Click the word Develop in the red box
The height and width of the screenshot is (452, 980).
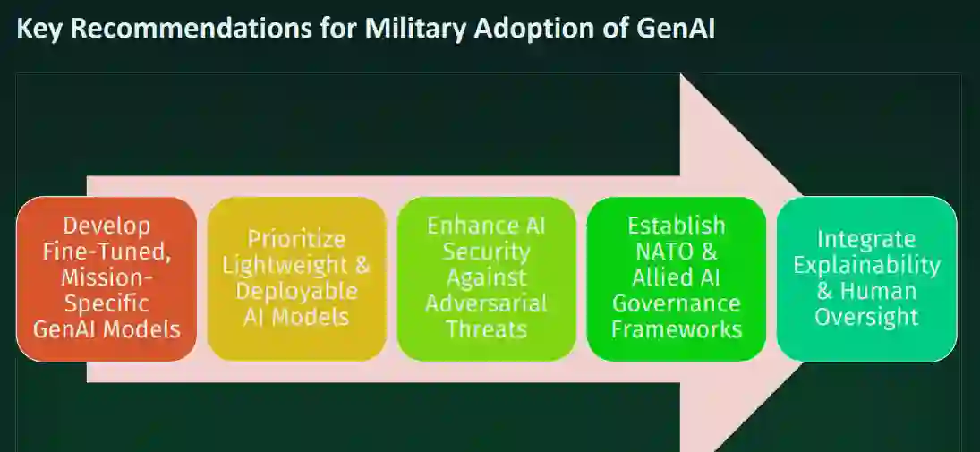point(107,226)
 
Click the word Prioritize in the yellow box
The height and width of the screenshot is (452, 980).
point(296,239)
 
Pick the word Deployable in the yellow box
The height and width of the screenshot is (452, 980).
point(296,291)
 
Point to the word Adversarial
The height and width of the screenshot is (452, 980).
point(486,303)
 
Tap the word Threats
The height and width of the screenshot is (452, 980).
point(486,329)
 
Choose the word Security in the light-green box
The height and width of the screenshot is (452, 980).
point(486,252)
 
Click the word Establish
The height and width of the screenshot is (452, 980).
point(677,226)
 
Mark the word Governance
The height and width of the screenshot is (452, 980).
point(677,303)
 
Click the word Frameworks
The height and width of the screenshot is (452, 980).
point(677,329)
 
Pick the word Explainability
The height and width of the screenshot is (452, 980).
point(866,265)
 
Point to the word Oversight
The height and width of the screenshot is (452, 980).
point(866,317)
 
